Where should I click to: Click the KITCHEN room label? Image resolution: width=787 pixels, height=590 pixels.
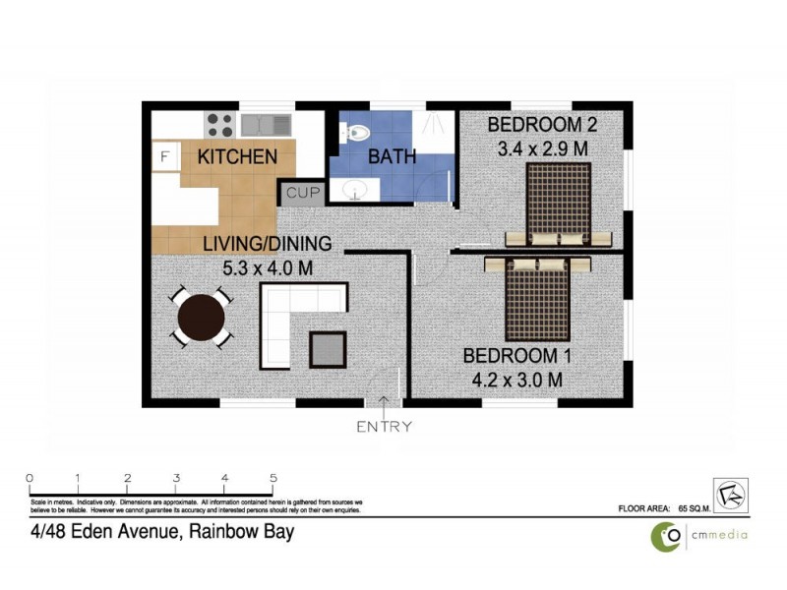(237, 156)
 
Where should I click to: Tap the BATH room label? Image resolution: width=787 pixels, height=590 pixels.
(392, 156)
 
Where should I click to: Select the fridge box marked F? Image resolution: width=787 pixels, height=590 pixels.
(164, 156)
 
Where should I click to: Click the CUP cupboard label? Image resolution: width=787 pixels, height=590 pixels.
(302, 193)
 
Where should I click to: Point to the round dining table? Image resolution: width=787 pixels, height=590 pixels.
(201, 317)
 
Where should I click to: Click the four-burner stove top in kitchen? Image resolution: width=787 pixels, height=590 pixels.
(219, 125)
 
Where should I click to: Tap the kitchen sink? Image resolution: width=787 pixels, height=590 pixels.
(266, 125)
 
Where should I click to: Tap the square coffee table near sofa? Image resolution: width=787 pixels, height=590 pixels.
(328, 348)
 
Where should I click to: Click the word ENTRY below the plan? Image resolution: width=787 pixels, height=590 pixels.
(384, 427)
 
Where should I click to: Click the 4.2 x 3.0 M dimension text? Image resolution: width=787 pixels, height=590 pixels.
(513, 379)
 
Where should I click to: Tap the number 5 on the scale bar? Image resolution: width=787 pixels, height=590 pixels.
(272, 479)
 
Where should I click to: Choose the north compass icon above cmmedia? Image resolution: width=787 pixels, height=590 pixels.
(730, 495)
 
